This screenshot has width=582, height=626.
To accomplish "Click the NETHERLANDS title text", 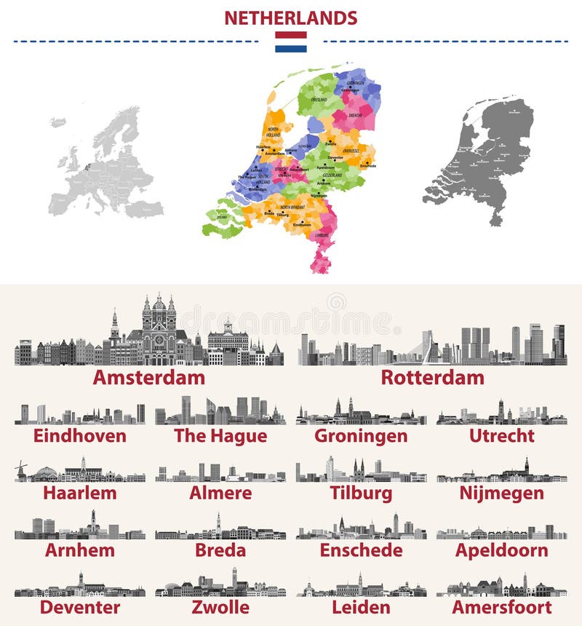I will coord(290,17).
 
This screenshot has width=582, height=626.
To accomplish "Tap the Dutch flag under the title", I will coord(290,41).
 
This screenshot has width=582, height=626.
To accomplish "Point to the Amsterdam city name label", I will coord(148,378).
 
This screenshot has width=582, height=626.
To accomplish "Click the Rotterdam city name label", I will coord(432,378).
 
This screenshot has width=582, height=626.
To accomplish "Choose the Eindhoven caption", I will coord(79,436).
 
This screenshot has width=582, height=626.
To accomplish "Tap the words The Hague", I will coord(220,436).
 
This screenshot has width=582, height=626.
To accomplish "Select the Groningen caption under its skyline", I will coord(362,436).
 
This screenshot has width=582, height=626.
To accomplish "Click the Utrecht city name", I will coord(501,436).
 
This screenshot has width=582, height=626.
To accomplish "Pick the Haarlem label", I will coord(79,493).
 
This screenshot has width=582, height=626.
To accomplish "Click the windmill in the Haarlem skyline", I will coord(21,469).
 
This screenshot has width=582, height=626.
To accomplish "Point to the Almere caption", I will coord(220,493).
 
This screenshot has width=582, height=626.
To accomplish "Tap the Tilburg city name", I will coord(361,493).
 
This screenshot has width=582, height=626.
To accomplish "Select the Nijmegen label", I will coord(501,493).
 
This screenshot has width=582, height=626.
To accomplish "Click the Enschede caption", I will coord(362,550).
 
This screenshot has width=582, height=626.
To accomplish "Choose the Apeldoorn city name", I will coord(501,550).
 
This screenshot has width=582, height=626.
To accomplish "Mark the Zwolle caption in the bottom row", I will coord(220,607).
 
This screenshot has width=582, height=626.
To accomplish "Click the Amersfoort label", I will coord(501,607).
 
